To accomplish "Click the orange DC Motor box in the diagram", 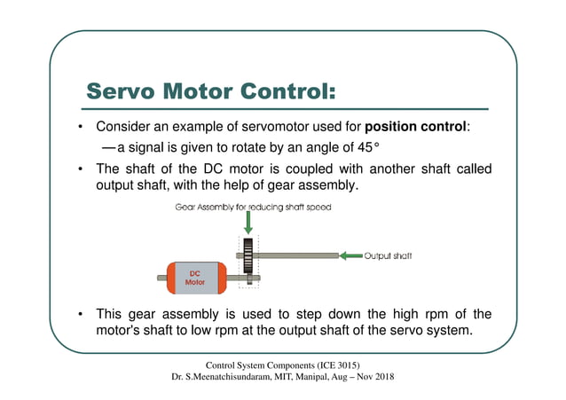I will (x=193, y=277).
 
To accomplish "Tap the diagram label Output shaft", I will (x=389, y=255).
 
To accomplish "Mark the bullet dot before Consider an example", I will (x=81, y=127).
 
